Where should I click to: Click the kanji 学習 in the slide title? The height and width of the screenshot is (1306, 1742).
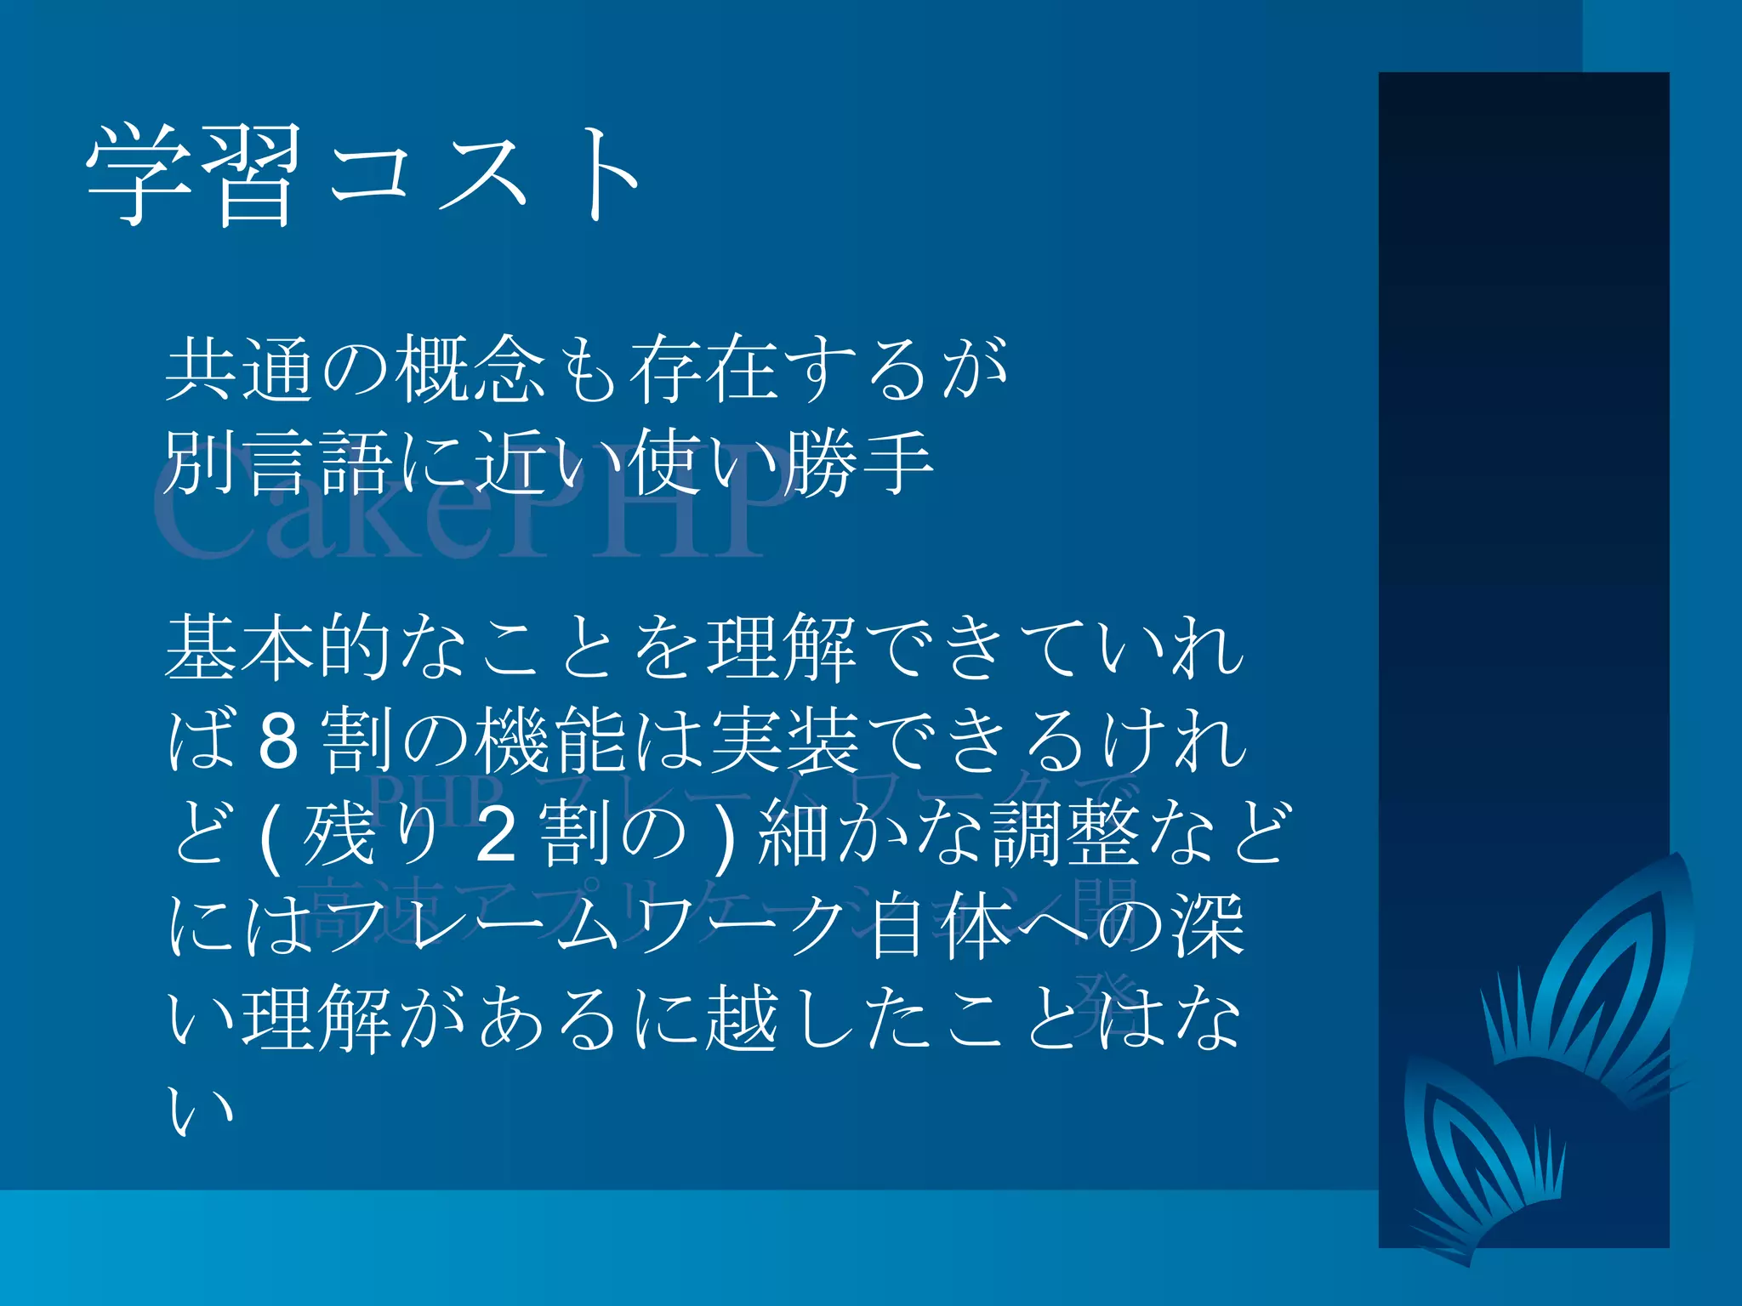pos(194,174)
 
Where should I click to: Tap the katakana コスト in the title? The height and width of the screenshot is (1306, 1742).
pos(485,174)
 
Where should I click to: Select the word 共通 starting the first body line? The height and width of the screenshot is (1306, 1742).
pos(240,369)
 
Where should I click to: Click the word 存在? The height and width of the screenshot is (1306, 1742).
pos(703,369)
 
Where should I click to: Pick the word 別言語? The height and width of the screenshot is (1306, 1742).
pos(277,463)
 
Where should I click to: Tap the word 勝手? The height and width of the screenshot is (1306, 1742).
pos(858,463)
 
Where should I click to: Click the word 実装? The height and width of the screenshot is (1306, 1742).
pos(784,741)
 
